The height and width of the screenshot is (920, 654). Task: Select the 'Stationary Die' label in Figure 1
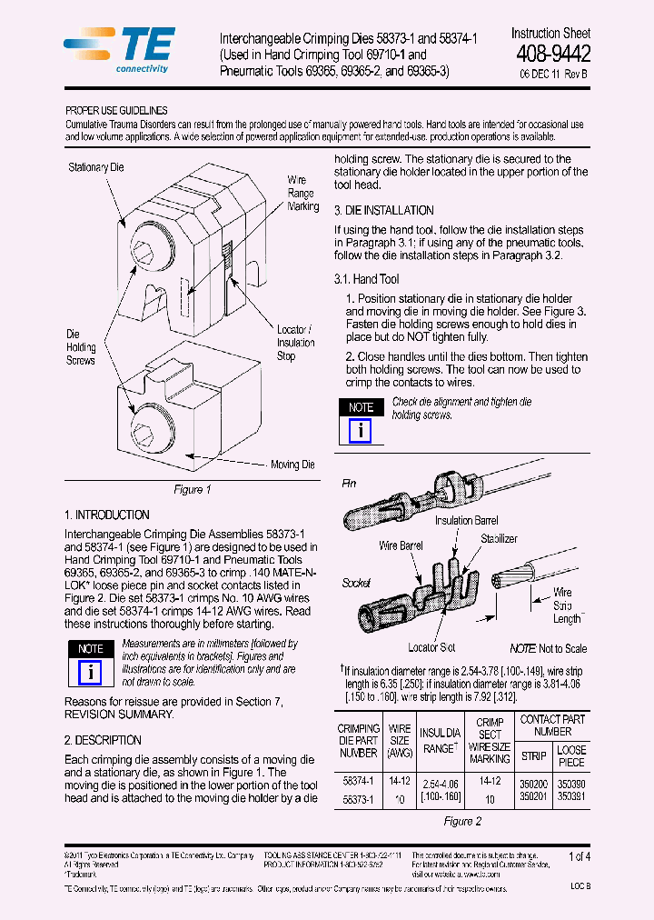coord(95,167)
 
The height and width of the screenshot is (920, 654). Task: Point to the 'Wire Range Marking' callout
coord(302,194)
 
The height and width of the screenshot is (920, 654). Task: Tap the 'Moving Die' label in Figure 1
coord(292,465)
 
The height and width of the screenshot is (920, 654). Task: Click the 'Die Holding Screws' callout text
coord(80,347)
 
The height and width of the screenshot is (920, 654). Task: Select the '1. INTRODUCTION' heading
coord(107,515)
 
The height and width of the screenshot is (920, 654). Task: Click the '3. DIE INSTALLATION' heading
coord(383,210)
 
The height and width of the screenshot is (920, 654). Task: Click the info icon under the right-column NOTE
coord(361,430)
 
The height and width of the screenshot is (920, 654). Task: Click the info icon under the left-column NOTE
coord(90,672)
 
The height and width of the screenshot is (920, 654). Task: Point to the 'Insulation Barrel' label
coord(466,520)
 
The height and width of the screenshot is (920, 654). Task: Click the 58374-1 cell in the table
coord(357,781)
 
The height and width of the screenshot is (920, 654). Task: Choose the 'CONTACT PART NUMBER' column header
coord(552,725)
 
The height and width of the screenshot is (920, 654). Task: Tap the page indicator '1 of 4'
coord(579,855)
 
